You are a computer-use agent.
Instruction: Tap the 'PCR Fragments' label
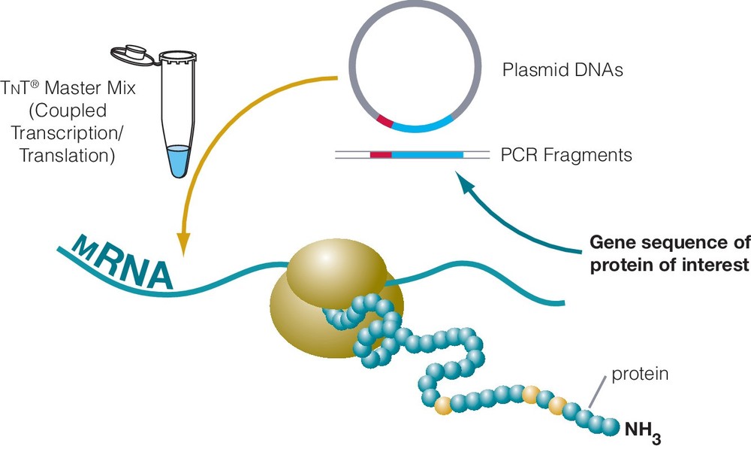(x=566, y=156)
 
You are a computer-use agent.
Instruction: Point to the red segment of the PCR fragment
(x=382, y=155)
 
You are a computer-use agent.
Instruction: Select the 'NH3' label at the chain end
(x=642, y=430)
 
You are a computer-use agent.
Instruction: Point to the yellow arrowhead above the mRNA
(x=183, y=243)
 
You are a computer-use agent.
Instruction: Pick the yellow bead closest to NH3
(x=556, y=406)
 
